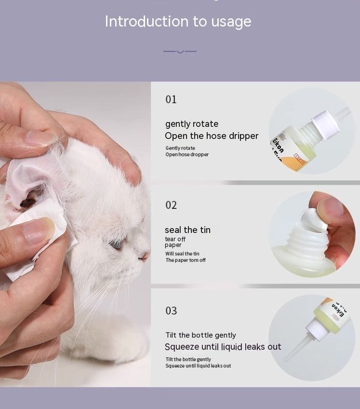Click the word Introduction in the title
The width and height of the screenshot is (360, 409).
coord(147,21)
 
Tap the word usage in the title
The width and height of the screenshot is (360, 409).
coord(231,22)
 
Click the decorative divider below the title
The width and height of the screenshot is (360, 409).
coord(180,52)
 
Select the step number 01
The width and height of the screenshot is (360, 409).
coord(171,99)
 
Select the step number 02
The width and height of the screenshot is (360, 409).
coord(171,205)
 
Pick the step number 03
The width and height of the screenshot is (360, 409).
coord(171,311)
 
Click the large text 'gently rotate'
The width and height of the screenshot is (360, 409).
coord(192,124)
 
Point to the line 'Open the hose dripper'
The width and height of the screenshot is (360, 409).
coord(212,136)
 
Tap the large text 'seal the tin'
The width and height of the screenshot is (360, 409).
coord(187,230)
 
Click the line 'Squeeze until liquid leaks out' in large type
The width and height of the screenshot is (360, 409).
coord(223,347)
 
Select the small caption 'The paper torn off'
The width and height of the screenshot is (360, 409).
coord(186,260)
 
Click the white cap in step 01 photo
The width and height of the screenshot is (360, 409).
coord(326,125)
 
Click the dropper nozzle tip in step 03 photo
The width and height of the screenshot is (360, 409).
coord(286,360)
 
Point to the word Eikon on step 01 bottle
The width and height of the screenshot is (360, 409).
coord(278,145)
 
